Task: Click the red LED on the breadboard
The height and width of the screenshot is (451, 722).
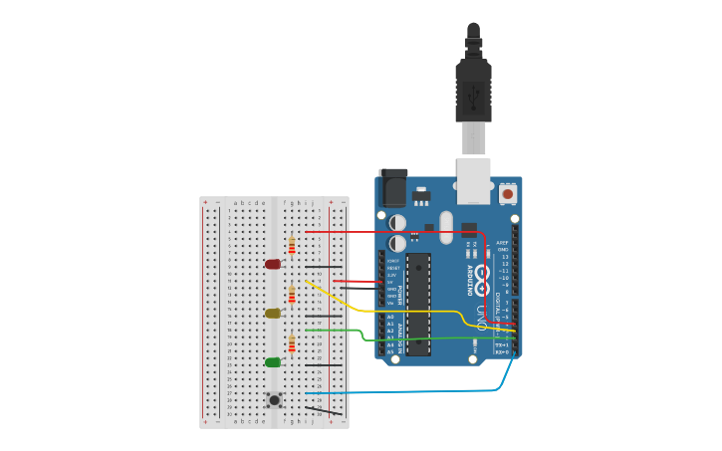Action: [273, 264]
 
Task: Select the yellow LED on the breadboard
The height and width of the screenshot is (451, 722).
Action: [273, 313]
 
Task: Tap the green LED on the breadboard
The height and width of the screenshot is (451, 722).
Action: [273, 362]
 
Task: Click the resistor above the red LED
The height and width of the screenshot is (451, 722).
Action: [292, 245]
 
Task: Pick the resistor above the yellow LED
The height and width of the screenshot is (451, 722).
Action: [292, 295]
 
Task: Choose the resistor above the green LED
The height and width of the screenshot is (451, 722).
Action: [292, 344]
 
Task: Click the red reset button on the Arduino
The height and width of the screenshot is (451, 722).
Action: [508, 193]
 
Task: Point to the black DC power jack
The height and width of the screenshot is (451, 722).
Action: [394, 189]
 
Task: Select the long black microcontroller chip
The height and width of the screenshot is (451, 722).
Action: [418, 304]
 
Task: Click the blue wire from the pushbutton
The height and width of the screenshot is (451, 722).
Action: [418, 390]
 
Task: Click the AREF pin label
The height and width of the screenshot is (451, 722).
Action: [502, 242]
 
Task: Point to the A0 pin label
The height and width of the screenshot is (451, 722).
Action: [390, 317]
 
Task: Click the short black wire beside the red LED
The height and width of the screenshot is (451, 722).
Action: [324, 267]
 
